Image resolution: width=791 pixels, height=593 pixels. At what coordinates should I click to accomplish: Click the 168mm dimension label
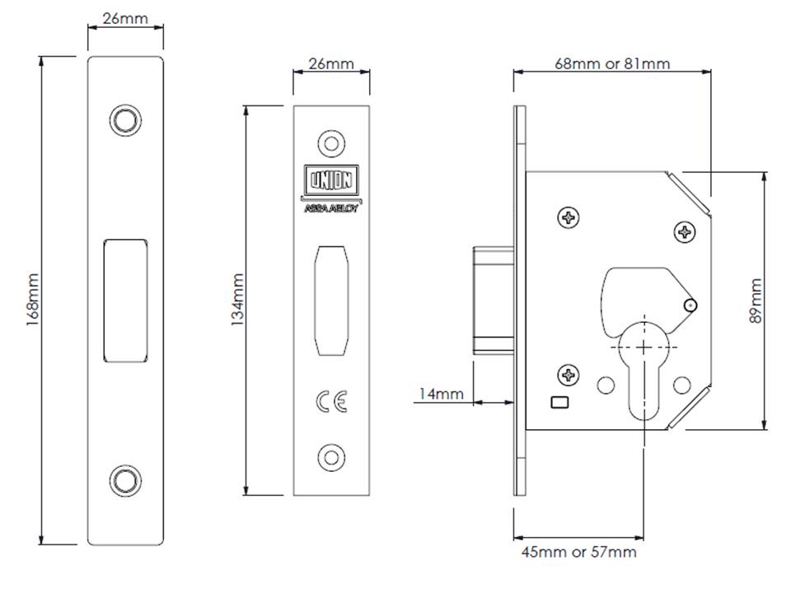32,300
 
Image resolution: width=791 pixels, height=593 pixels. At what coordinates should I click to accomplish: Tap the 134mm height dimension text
237,300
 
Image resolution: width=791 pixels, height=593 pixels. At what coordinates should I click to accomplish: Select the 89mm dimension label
756,301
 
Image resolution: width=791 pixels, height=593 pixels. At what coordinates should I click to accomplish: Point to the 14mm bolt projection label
442,394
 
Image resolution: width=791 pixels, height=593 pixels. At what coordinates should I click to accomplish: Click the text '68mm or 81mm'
612,64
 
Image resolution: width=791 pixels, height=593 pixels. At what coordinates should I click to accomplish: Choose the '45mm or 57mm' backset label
579,552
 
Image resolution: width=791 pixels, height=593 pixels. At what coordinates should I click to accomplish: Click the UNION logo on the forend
331,180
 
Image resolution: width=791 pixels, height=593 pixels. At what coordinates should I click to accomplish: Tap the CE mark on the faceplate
331,401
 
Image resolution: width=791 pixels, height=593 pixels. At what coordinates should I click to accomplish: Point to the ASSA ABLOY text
331,208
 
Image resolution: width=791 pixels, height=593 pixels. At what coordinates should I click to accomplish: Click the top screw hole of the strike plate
125,120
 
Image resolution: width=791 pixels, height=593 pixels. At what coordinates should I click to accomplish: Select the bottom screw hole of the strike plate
125,480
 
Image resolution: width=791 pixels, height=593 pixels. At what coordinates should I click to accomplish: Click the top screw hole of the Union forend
331,143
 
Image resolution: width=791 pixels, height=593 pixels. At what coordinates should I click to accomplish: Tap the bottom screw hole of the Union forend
331,458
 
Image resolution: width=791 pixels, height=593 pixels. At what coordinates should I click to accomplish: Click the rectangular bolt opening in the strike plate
125,301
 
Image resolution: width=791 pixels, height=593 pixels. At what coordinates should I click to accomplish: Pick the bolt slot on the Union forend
331,301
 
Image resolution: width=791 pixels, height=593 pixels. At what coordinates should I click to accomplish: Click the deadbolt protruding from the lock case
494,301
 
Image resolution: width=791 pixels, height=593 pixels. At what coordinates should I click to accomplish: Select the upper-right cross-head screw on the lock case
685,232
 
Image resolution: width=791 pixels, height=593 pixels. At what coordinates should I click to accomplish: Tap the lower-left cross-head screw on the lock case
569,376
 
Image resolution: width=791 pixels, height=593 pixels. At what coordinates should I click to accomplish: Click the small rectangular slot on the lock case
560,403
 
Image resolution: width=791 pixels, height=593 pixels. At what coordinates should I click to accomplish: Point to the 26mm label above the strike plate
125,19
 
